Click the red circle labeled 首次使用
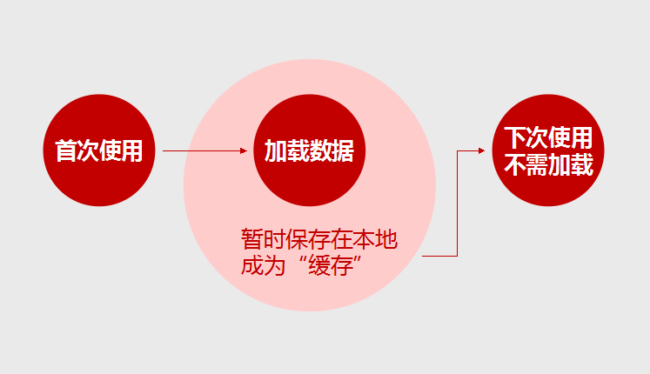tap(99, 150)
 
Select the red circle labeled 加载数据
tap(309, 150)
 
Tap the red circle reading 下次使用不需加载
tap(548, 150)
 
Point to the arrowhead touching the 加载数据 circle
tap(244, 150)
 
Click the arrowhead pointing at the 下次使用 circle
tap(481, 150)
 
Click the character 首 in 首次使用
tap(66, 150)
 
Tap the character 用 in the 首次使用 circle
tap(131, 150)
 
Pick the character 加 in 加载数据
tap(276, 150)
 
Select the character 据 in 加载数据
tap(343, 150)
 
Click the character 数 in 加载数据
tap(320, 150)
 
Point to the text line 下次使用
tap(548, 137)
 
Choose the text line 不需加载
tap(548, 165)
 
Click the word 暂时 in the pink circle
tap(263, 239)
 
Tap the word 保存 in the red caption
tap(307, 239)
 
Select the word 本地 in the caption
tap(376, 239)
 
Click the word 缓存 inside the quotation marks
tap(331, 265)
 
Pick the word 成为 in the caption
tap(263, 265)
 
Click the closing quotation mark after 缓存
tap(358, 260)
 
